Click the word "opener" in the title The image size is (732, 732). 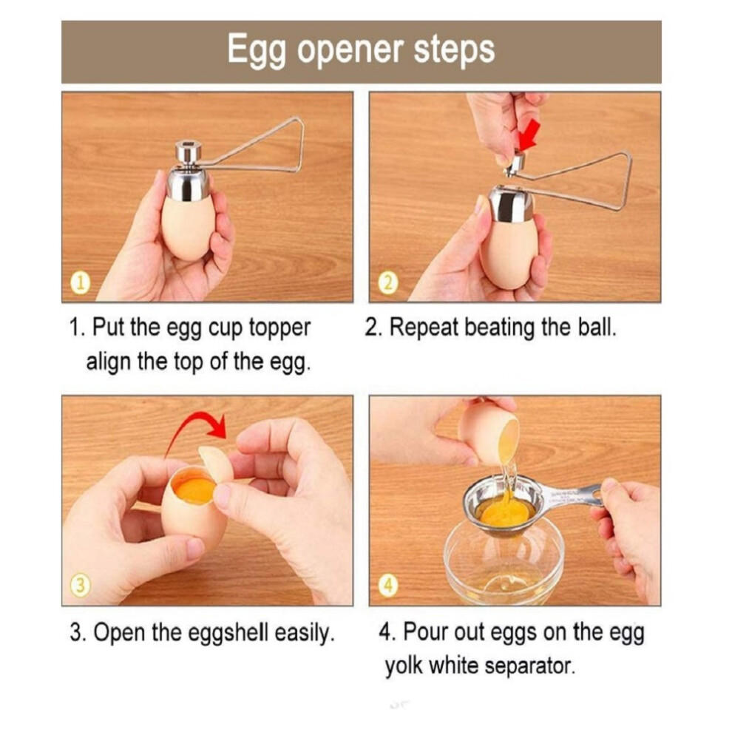point(350,51)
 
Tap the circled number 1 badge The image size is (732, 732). point(81,283)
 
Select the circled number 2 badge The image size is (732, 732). point(388,283)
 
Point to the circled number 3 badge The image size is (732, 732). point(81,586)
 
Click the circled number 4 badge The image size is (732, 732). point(388,586)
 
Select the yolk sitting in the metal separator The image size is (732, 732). point(505,512)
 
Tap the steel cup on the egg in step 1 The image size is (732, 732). point(188,185)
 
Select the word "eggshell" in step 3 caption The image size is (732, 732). point(228,633)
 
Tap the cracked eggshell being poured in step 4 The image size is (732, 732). point(489,433)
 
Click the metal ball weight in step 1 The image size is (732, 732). point(188,150)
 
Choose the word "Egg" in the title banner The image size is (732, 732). point(257,51)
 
